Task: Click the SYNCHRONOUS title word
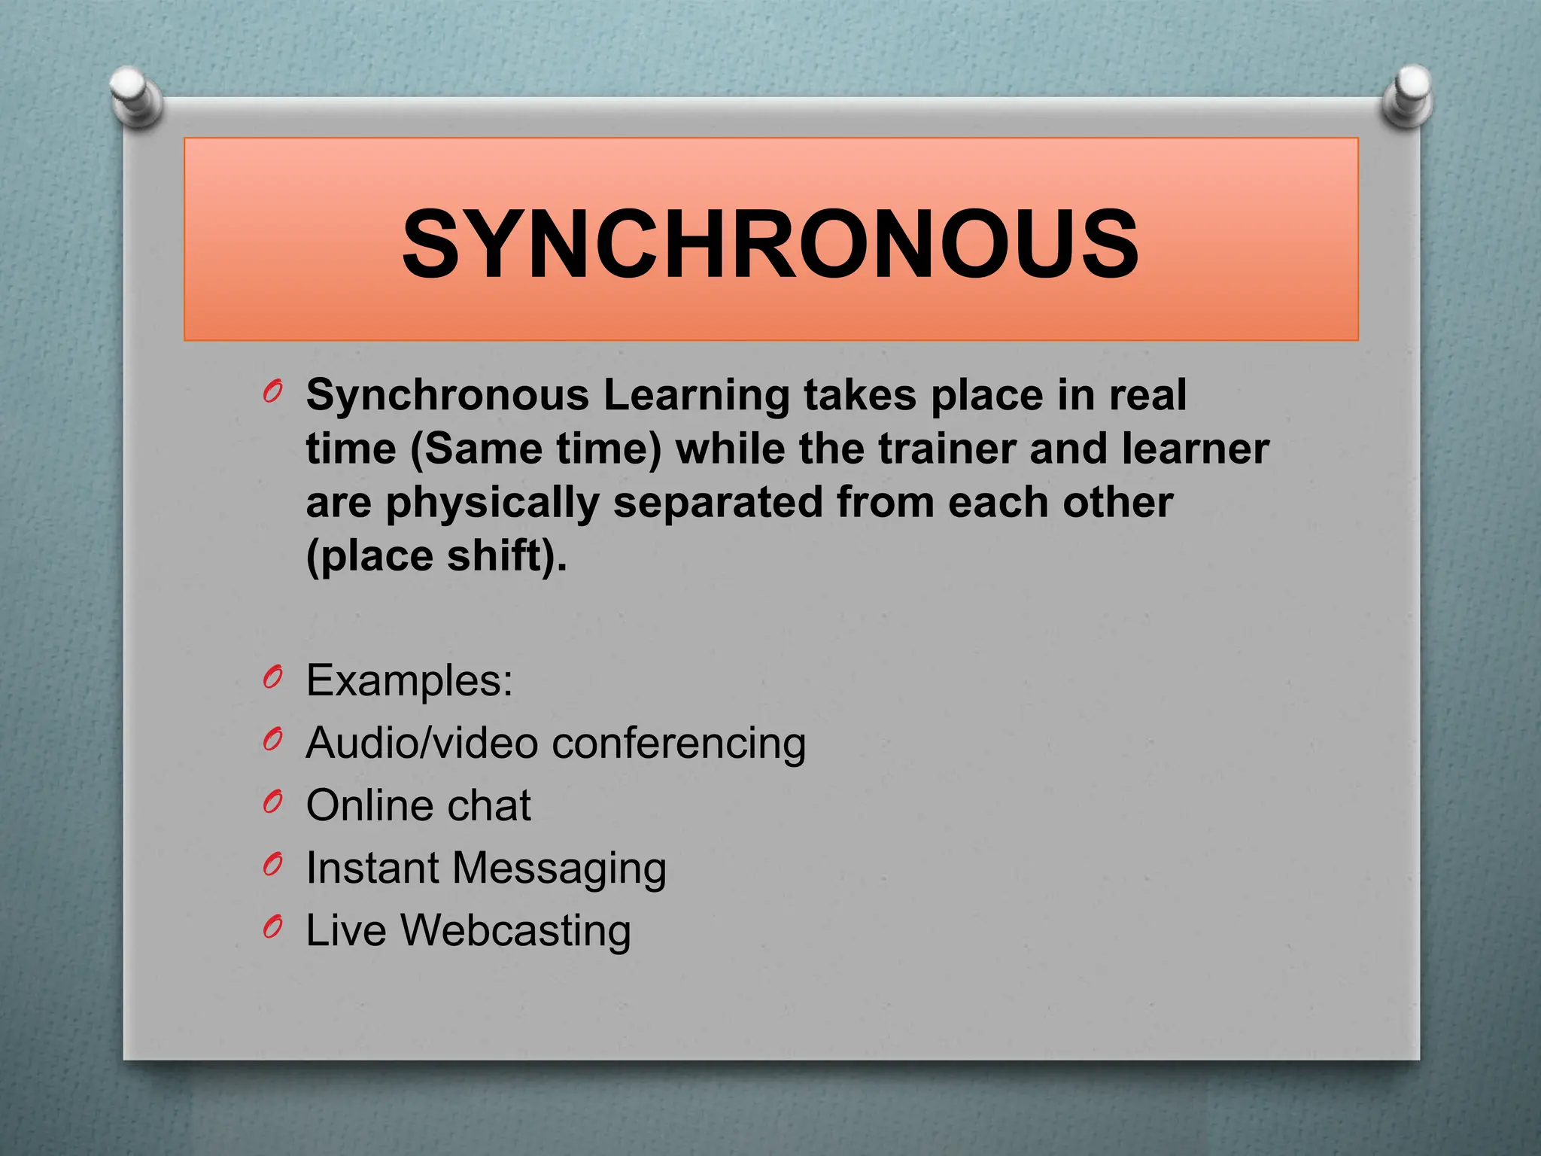770,245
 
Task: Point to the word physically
492,503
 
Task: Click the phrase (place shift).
436,557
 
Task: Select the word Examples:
409,681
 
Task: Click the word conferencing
679,744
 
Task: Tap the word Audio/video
421,744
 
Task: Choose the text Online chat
418,806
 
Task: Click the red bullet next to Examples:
273,678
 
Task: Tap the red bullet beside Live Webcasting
273,927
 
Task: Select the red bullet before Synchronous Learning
273,391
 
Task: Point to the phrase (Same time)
536,449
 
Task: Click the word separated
718,503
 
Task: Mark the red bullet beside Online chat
273,802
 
